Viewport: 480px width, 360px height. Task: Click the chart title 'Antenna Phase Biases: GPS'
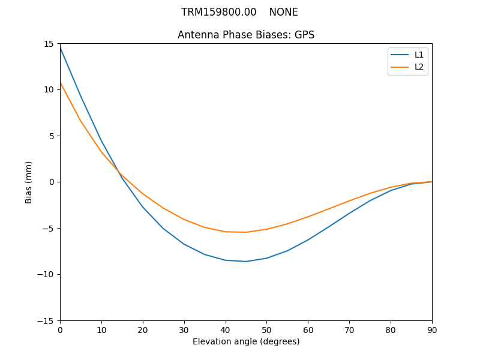pos(246,35)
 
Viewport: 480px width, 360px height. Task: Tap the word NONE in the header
pos(283,12)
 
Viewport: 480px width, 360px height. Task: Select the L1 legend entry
pos(419,55)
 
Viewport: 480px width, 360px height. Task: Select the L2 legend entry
pos(419,67)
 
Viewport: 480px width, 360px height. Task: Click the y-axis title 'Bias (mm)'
pos(29,182)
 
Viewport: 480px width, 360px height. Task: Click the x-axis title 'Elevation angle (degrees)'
pos(246,341)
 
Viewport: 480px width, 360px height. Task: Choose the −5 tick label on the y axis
pos(48,228)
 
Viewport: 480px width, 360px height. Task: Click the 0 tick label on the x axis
pos(60,329)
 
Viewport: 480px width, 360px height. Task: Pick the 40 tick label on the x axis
pos(226,329)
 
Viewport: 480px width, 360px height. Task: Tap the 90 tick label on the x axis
pos(432,329)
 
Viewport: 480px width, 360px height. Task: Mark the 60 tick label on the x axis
pos(308,329)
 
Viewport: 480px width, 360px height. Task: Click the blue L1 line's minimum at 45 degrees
pos(246,262)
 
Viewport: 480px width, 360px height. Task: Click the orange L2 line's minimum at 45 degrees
pos(246,232)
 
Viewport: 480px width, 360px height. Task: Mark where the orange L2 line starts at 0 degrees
pos(61,83)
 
